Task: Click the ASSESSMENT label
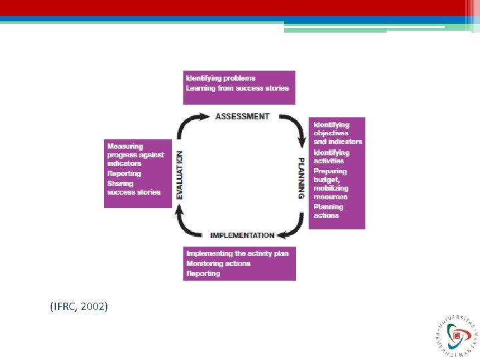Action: coord(242,117)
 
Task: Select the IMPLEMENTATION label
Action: coord(242,235)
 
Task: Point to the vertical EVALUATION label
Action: coord(179,175)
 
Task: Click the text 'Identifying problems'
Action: coord(220,79)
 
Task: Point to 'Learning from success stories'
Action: coord(237,88)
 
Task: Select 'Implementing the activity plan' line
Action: coord(237,253)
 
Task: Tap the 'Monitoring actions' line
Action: coord(218,263)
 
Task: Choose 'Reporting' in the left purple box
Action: coord(124,173)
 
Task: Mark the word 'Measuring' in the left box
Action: coord(125,146)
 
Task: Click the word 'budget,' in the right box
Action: coord(327,179)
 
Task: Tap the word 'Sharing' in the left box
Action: coord(120,183)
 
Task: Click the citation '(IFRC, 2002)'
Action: coord(79,306)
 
